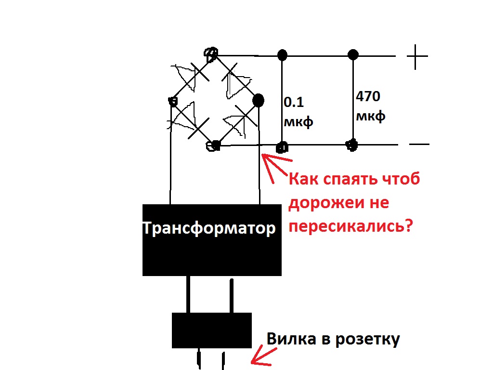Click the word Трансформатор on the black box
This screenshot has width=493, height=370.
click(209, 228)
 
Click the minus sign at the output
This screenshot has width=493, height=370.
click(419, 145)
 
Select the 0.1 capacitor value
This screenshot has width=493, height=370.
click(294, 102)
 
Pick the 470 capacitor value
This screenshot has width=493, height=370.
click(368, 96)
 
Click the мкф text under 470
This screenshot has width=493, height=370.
click(370, 116)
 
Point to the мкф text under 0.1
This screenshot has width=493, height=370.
click(298, 122)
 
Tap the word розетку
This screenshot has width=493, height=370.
click(367, 340)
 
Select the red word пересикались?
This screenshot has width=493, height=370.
click(350, 225)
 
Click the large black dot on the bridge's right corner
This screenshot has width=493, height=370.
click(258, 100)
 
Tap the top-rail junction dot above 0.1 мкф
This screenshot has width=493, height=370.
click(282, 55)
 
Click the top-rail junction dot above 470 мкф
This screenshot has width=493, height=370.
click(353, 55)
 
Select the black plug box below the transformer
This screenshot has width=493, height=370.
click(212, 330)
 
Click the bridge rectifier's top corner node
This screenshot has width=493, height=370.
click(211, 54)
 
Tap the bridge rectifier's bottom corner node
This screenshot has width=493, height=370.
click(213, 145)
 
